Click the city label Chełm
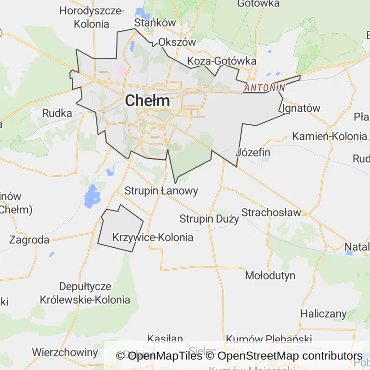click(x=147, y=101)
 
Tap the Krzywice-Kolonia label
click(x=152, y=238)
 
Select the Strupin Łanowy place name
click(x=161, y=191)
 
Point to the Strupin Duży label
click(x=209, y=219)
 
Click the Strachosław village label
click(x=271, y=212)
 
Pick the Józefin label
click(x=253, y=153)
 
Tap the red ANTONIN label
click(x=264, y=88)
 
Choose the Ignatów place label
click(x=301, y=108)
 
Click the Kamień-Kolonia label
click(x=330, y=136)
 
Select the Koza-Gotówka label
click(x=222, y=61)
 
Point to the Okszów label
click(x=177, y=42)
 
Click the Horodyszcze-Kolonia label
click(x=92, y=17)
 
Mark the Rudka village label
click(x=57, y=113)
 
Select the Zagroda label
click(x=29, y=239)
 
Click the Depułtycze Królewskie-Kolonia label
click(x=85, y=293)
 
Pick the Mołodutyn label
click(x=270, y=276)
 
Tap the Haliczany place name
click(x=323, y=314)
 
